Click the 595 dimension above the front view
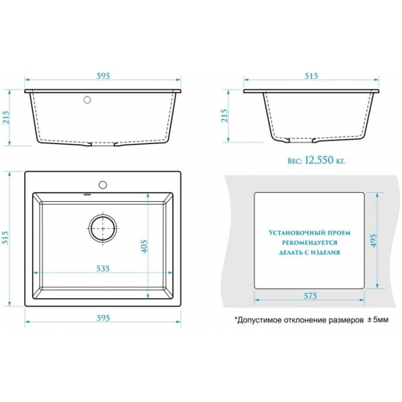[x=103, y=76]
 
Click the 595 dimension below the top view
[x=103, y=318]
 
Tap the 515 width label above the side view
[x=311, y=76]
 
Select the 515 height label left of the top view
[x=5, y=238]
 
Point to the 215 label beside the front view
[x=6, y=118]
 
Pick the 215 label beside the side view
[x=224, y=115]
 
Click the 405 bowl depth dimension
[x=145, y=246]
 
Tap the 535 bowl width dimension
[x=103, y=268]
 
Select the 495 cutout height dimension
[x=374, y=240]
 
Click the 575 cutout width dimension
[x=310, y=296]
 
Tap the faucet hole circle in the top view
[x=103, y=185]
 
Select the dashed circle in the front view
[x=87, y=99]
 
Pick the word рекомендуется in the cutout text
[x=310, y=243]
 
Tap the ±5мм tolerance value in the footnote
[x=378, y=319]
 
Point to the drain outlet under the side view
[x=301, y=140]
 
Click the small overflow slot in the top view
[x=87, y=195]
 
